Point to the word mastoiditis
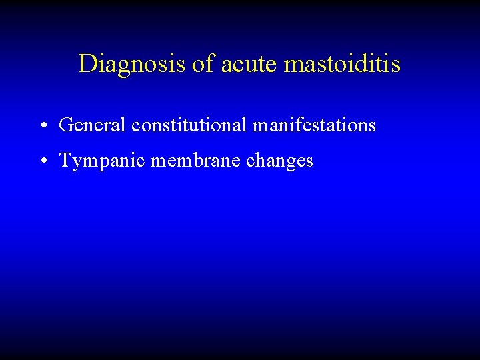(x=343, y=64)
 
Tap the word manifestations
(x=314, y=125)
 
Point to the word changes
(x=280, y=161)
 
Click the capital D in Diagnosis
(x=87, y=64)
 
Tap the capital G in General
(x=65, y=125)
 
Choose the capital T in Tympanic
(x=65, y=161)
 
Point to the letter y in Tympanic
(x=75, y=163)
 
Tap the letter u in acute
(x=245, y=65)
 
